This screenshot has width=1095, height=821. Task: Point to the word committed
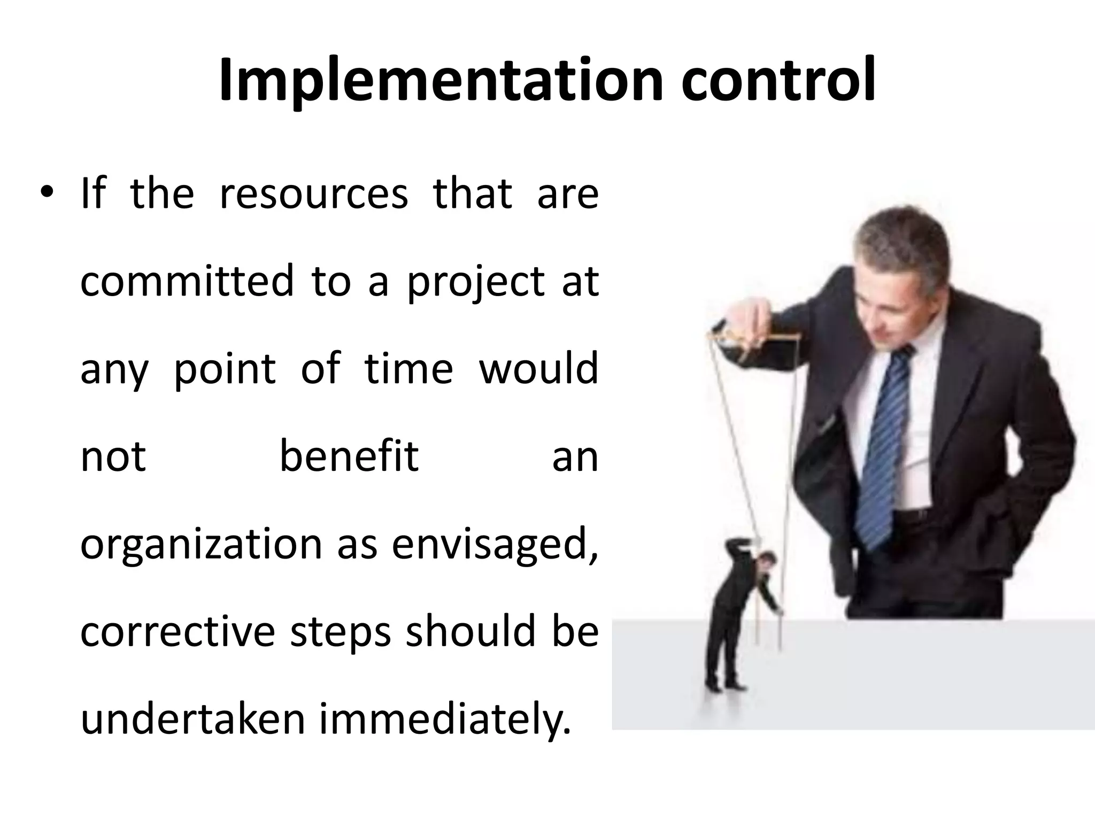pyautogui.click(x=187, y=281)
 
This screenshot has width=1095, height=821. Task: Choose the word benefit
pyautogui.click(x=349, y=456)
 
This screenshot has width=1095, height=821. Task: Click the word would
pyautogui.click(x=538, y=369)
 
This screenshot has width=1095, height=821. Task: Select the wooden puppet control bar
pyautogui.click(x=754, y=337)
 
